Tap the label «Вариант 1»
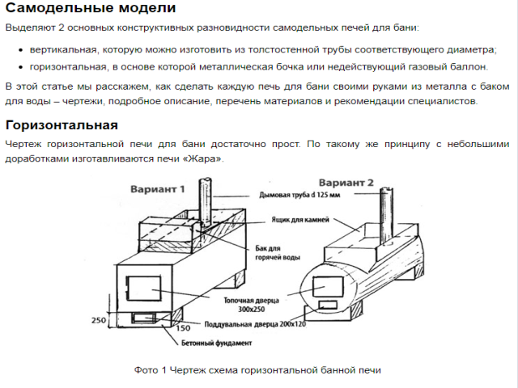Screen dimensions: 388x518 tap(158, 188)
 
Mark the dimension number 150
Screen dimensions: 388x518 tap(183, 328)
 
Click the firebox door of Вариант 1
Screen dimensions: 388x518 tap(145, 287)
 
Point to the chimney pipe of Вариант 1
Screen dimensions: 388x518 tap(204, 202)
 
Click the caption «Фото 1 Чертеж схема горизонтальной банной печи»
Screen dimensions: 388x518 tap(257, 370)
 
